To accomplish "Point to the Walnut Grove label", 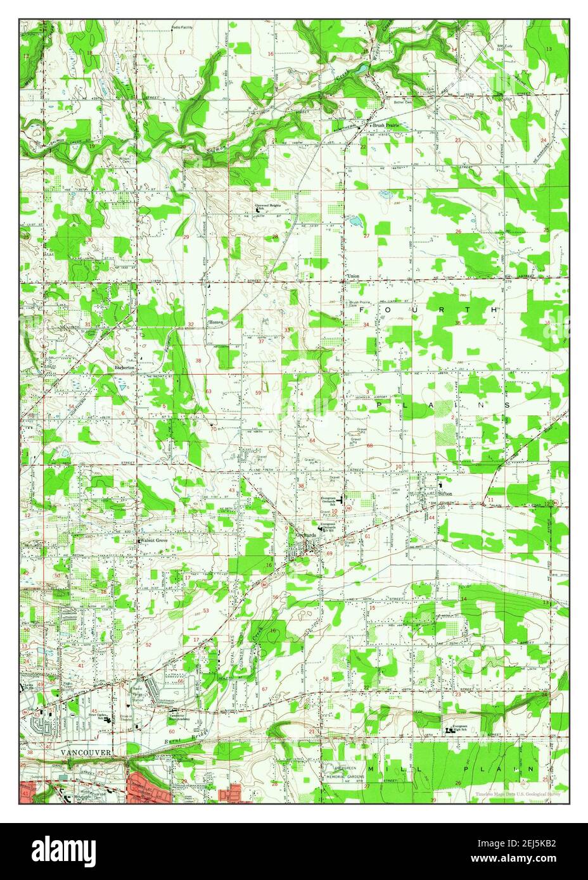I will pos(154,541).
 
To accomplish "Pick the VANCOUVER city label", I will pos(86,751).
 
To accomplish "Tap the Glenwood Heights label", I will pos(267,206).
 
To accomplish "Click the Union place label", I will pos(354,277).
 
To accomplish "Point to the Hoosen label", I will pos(216,322).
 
